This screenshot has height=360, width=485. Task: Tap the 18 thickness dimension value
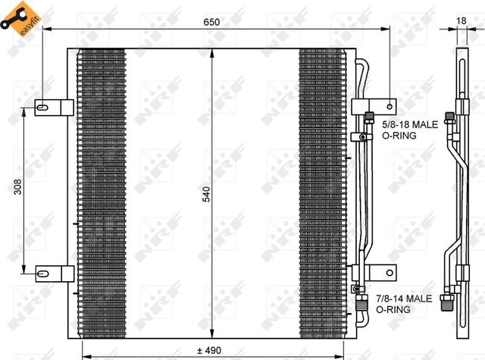462,22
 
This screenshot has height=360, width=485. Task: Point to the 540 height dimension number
205,194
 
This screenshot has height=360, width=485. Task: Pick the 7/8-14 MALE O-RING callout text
406,304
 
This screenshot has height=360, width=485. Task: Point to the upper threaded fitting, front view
369,117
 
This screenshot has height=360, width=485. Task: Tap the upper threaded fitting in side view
450,118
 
